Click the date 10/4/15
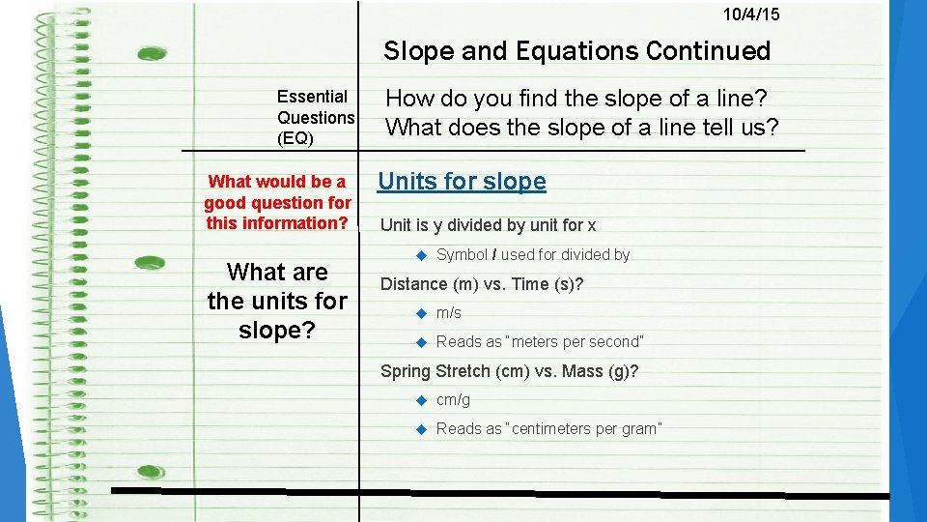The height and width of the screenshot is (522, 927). (751, 14)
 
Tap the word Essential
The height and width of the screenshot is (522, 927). (312, 97)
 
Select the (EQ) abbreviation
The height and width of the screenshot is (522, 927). (295, 138)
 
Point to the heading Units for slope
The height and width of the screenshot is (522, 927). (462, 182)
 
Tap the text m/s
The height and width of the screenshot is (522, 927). (449, 313)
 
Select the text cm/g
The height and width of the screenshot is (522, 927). (453, 400)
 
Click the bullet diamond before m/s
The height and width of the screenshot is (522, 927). (420, 313)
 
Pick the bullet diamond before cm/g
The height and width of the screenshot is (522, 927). (420, 400)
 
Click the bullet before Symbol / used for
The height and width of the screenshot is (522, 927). (420, 255)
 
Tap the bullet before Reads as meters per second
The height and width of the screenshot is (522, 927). (420, 342)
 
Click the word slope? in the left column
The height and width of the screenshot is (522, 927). (277, 330)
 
